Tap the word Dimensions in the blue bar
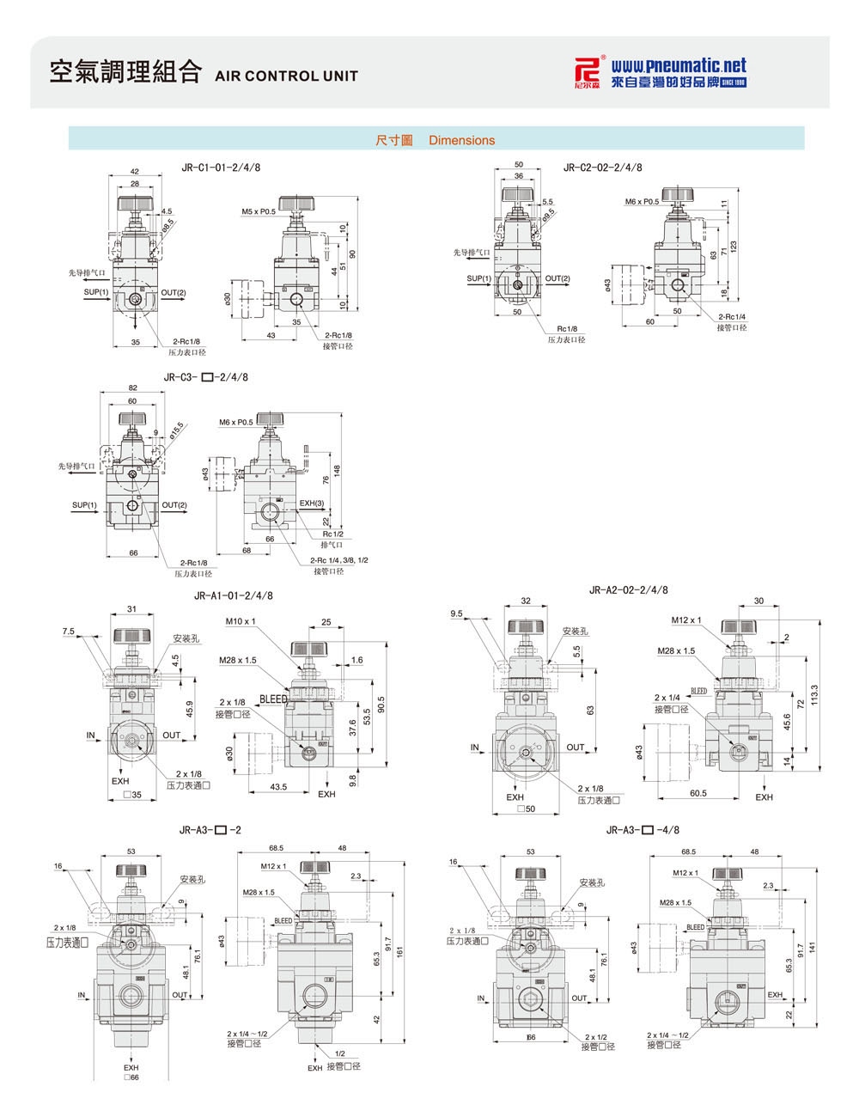(x=461, y=140)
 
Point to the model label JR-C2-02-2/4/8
(x=602, y=168)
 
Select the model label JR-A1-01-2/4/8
(x=234, y=595)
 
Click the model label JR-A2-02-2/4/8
(x=629, y=589)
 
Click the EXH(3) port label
(x=312, y=503)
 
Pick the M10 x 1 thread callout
(x=241, y=620)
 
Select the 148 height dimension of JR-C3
(x=338, y=470)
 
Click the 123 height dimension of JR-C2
(x=734, y=247)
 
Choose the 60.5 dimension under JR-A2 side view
(x=698, y=793)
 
